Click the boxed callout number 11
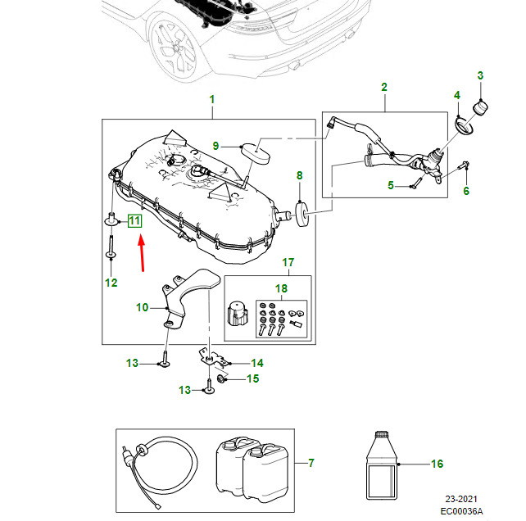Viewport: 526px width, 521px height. click(x=134, y=220)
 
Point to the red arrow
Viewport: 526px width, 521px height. click(x=141, y=252)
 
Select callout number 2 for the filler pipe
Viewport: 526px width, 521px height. click(x=383, y=87)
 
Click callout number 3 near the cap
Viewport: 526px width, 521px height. click(x=481, y=76)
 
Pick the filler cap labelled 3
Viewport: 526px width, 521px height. click(x=481, y=107)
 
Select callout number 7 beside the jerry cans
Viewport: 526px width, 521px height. click(x=311, y=464)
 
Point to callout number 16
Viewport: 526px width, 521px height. click(x=437, y=464)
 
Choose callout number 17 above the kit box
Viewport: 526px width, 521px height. click(x=288, y=263)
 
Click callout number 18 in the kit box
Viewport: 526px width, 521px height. click(x=281, y=288)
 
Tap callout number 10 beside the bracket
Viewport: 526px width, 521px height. click(x=143, y=308)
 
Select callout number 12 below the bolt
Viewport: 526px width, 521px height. click(x=111, y=283)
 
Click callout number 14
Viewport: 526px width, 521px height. click(x=256, y=363)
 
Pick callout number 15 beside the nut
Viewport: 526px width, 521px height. click(x=252, y=378)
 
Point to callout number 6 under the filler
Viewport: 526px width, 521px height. click(x=466, y=192)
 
